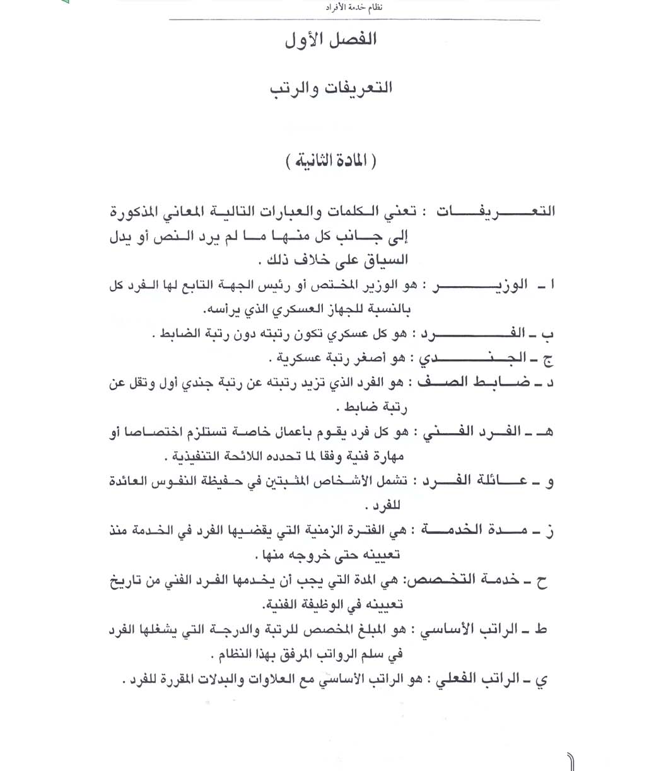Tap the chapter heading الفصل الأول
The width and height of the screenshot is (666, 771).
tap(330, 40)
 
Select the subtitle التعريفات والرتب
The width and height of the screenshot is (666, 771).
tap(331, 88)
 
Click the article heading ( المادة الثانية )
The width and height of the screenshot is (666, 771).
tap(331, 160)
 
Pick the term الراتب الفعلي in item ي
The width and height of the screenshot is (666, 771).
tap(475, 680)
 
